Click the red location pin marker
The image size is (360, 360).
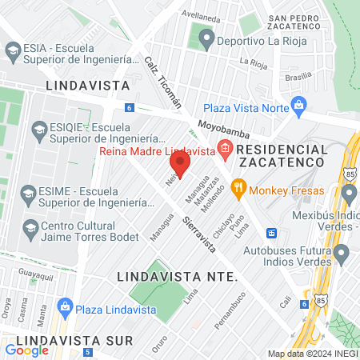tap(180, 166)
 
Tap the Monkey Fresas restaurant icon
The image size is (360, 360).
tap(238, 190)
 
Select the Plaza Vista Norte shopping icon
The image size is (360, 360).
tap(299, 105)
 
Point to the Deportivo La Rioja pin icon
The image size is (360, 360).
tap(206, 37)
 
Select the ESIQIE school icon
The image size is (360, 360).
tap(37, 128)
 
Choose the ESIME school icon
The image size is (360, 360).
tap(28, 193)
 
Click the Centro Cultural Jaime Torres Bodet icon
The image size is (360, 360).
tap(30, 229)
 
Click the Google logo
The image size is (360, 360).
tap(26, 350)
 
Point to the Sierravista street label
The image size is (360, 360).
tap(199, 234)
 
